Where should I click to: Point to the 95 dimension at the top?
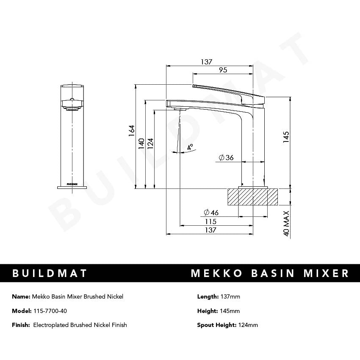coord(223,70)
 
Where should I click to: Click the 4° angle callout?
coord(190,147)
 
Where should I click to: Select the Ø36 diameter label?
coord(226,158)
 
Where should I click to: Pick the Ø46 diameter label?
coord(211,212)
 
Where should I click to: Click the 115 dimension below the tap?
coord(210,222)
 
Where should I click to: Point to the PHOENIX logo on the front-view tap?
coord(72,184)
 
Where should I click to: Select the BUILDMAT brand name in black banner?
coord(50,273)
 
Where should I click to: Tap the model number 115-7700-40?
coord(50,311)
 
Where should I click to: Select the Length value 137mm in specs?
coord(230,296)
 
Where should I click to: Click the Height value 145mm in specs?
coord(230,311)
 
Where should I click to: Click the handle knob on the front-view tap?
coord(72,103)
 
